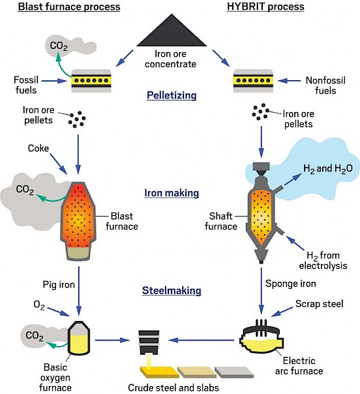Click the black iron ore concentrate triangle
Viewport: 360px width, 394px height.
click(172, 33)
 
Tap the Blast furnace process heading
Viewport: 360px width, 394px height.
click(69, 7)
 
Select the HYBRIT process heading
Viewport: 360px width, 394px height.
click(265, 7)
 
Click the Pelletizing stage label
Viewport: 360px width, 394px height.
click(172, 95)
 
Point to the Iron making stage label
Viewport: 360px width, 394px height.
click(172, 193)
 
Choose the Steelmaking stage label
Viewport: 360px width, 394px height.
click(172, 290)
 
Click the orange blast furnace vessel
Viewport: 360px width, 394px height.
click(78, 221)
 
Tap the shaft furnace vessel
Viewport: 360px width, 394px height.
click(262, 213)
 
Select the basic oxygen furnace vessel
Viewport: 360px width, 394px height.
click(79, 338)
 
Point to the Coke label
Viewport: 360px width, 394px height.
click(38, 148)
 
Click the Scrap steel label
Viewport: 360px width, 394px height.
click(319, 304)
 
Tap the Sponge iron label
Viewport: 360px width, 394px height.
click(291, 284)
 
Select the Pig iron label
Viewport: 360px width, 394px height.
click(59, 284)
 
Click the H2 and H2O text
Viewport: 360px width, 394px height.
click(328, 168)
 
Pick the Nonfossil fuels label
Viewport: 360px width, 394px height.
click(325, 85)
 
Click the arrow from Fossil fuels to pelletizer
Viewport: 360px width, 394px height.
click(55, 81)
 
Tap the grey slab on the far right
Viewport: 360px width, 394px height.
click(234, 372)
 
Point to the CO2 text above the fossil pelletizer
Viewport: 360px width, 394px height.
click(59, 46)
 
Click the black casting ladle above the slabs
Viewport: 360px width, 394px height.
click(149, 342)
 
